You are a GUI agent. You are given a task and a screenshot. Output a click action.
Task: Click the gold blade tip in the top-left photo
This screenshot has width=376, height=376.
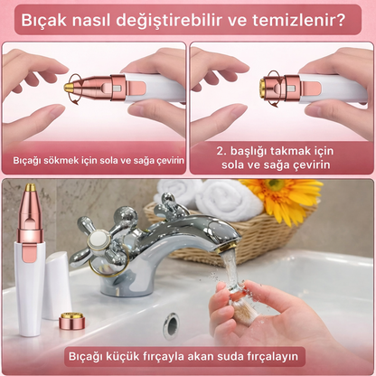(70, 88)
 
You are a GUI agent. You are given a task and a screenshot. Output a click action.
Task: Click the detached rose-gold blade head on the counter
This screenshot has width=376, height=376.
(71, 320)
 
